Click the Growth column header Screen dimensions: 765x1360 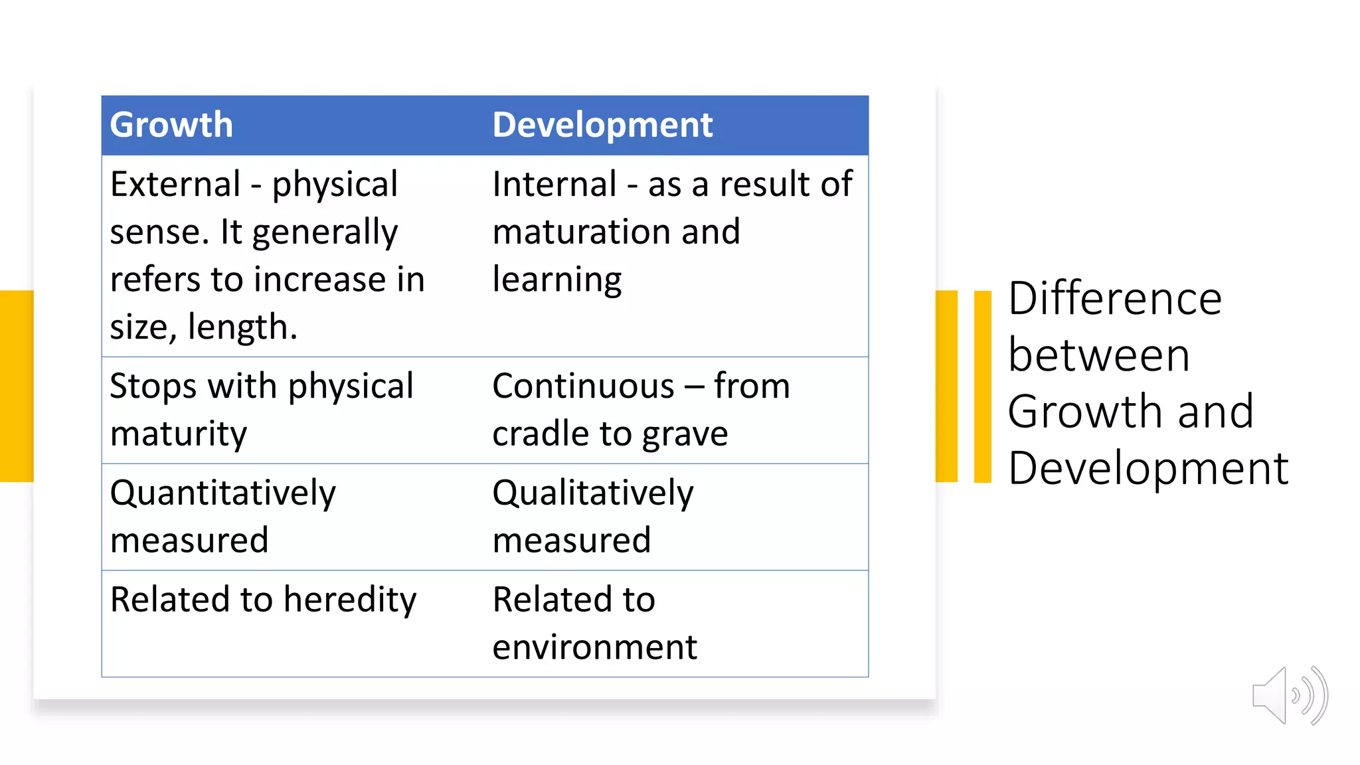[x=171, y=125]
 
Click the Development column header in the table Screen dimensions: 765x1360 [x=602, y=125]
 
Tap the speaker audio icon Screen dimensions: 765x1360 [x=1289, y=696]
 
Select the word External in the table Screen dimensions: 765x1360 [x=175, y=184]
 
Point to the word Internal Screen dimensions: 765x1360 [x=554, y=184]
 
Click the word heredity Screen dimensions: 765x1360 [x=350, y=600]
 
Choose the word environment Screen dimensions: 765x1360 [x=594, y=647]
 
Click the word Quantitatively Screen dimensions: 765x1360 [x=222, y=493]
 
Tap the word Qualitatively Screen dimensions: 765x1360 [x=592, y=493]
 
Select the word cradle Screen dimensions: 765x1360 [x=540, y=434]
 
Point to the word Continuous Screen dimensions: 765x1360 [x=583, y=386]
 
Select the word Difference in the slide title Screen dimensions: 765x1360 [x=1114, y=298]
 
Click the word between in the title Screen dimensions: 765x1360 [x=1098, y=355]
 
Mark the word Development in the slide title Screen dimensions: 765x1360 [x=1147, y=469]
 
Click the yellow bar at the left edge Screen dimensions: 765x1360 [x=16, y=386]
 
